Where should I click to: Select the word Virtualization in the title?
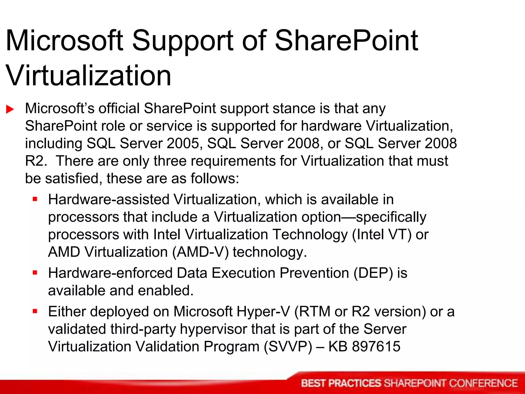pyautogui.click(x=88, y=76)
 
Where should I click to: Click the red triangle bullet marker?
pyautogui.click(x=10, y=109)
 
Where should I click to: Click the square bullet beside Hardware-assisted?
pyautogui.click(x=35, y=199)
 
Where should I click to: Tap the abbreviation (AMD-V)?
pyautogui.click(x=200, y=252)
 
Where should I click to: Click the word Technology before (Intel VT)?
pyautogui.click(x=309, y=234)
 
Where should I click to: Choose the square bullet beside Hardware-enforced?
pyautogui.click(x=35, y=273)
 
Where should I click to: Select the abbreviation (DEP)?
pyautogui.click(x=373, y=273)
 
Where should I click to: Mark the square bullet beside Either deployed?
pyautogui.click(x=35, y=311)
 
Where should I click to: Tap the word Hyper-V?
pyautogui.click(x=263, y=311)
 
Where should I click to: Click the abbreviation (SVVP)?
pyautogui.click(x=288, y=347)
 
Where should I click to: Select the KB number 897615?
pyautogui.click(x=376, y=347)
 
